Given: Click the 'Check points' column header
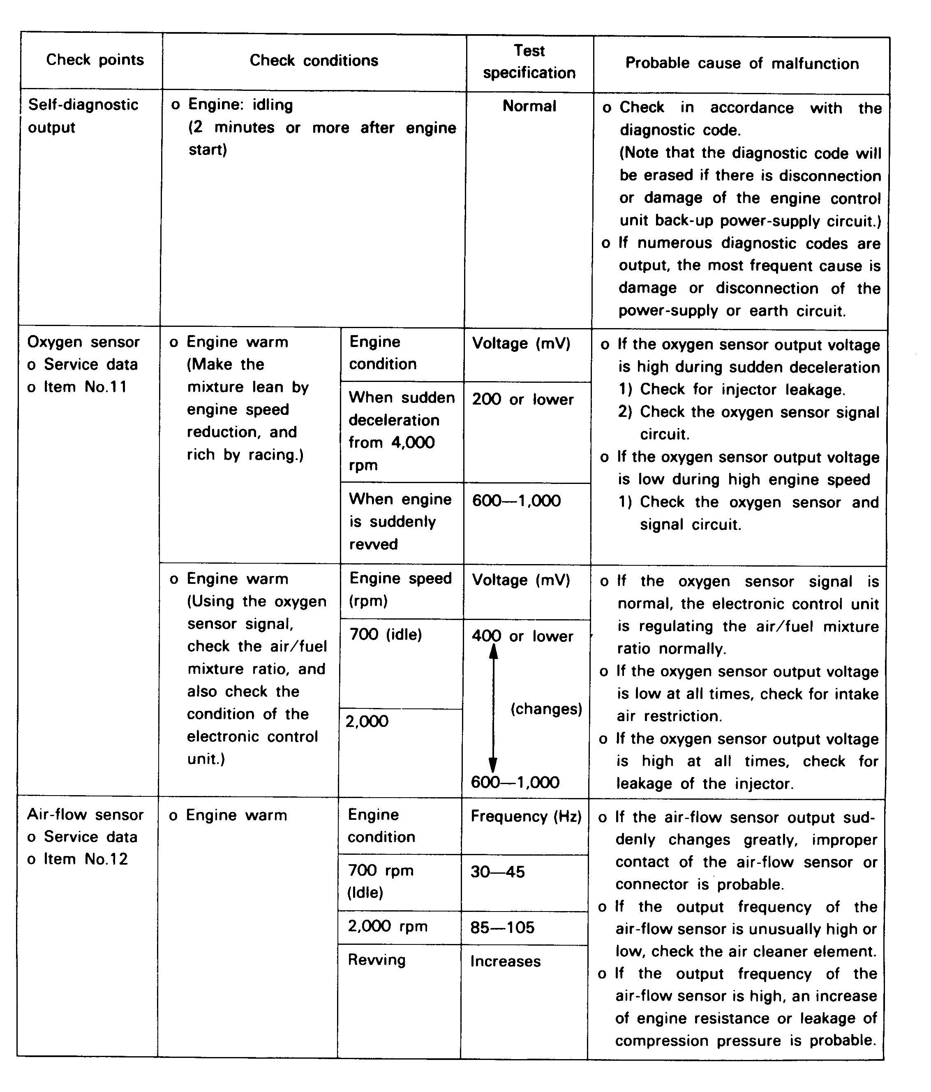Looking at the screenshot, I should tap(95, 60).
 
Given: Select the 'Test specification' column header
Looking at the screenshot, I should tap(529, 62).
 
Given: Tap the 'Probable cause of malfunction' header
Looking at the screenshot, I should tap(742, 64).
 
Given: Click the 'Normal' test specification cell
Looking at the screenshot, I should tap(529, 106).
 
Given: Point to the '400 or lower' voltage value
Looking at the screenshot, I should tap(522, 636).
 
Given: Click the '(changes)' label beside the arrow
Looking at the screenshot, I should tap(546, 709).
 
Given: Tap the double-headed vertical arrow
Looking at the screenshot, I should tap(493, 709).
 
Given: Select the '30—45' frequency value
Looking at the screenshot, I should tap(497, 872).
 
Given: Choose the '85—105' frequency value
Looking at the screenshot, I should tap(502, 927).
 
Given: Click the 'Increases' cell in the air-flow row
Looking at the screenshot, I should tap(505, 961).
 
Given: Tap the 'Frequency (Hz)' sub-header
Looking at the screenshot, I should tap(525, 817).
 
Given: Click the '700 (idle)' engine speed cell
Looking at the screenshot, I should tap(386, 634).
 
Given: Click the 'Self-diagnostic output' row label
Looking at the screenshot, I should tap(83, 116).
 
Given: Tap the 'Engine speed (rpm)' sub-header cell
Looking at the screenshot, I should tap(400, 589).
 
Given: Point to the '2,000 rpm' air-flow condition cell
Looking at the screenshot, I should tap(387, 926).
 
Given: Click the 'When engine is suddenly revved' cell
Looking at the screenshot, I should tap(400, 521).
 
